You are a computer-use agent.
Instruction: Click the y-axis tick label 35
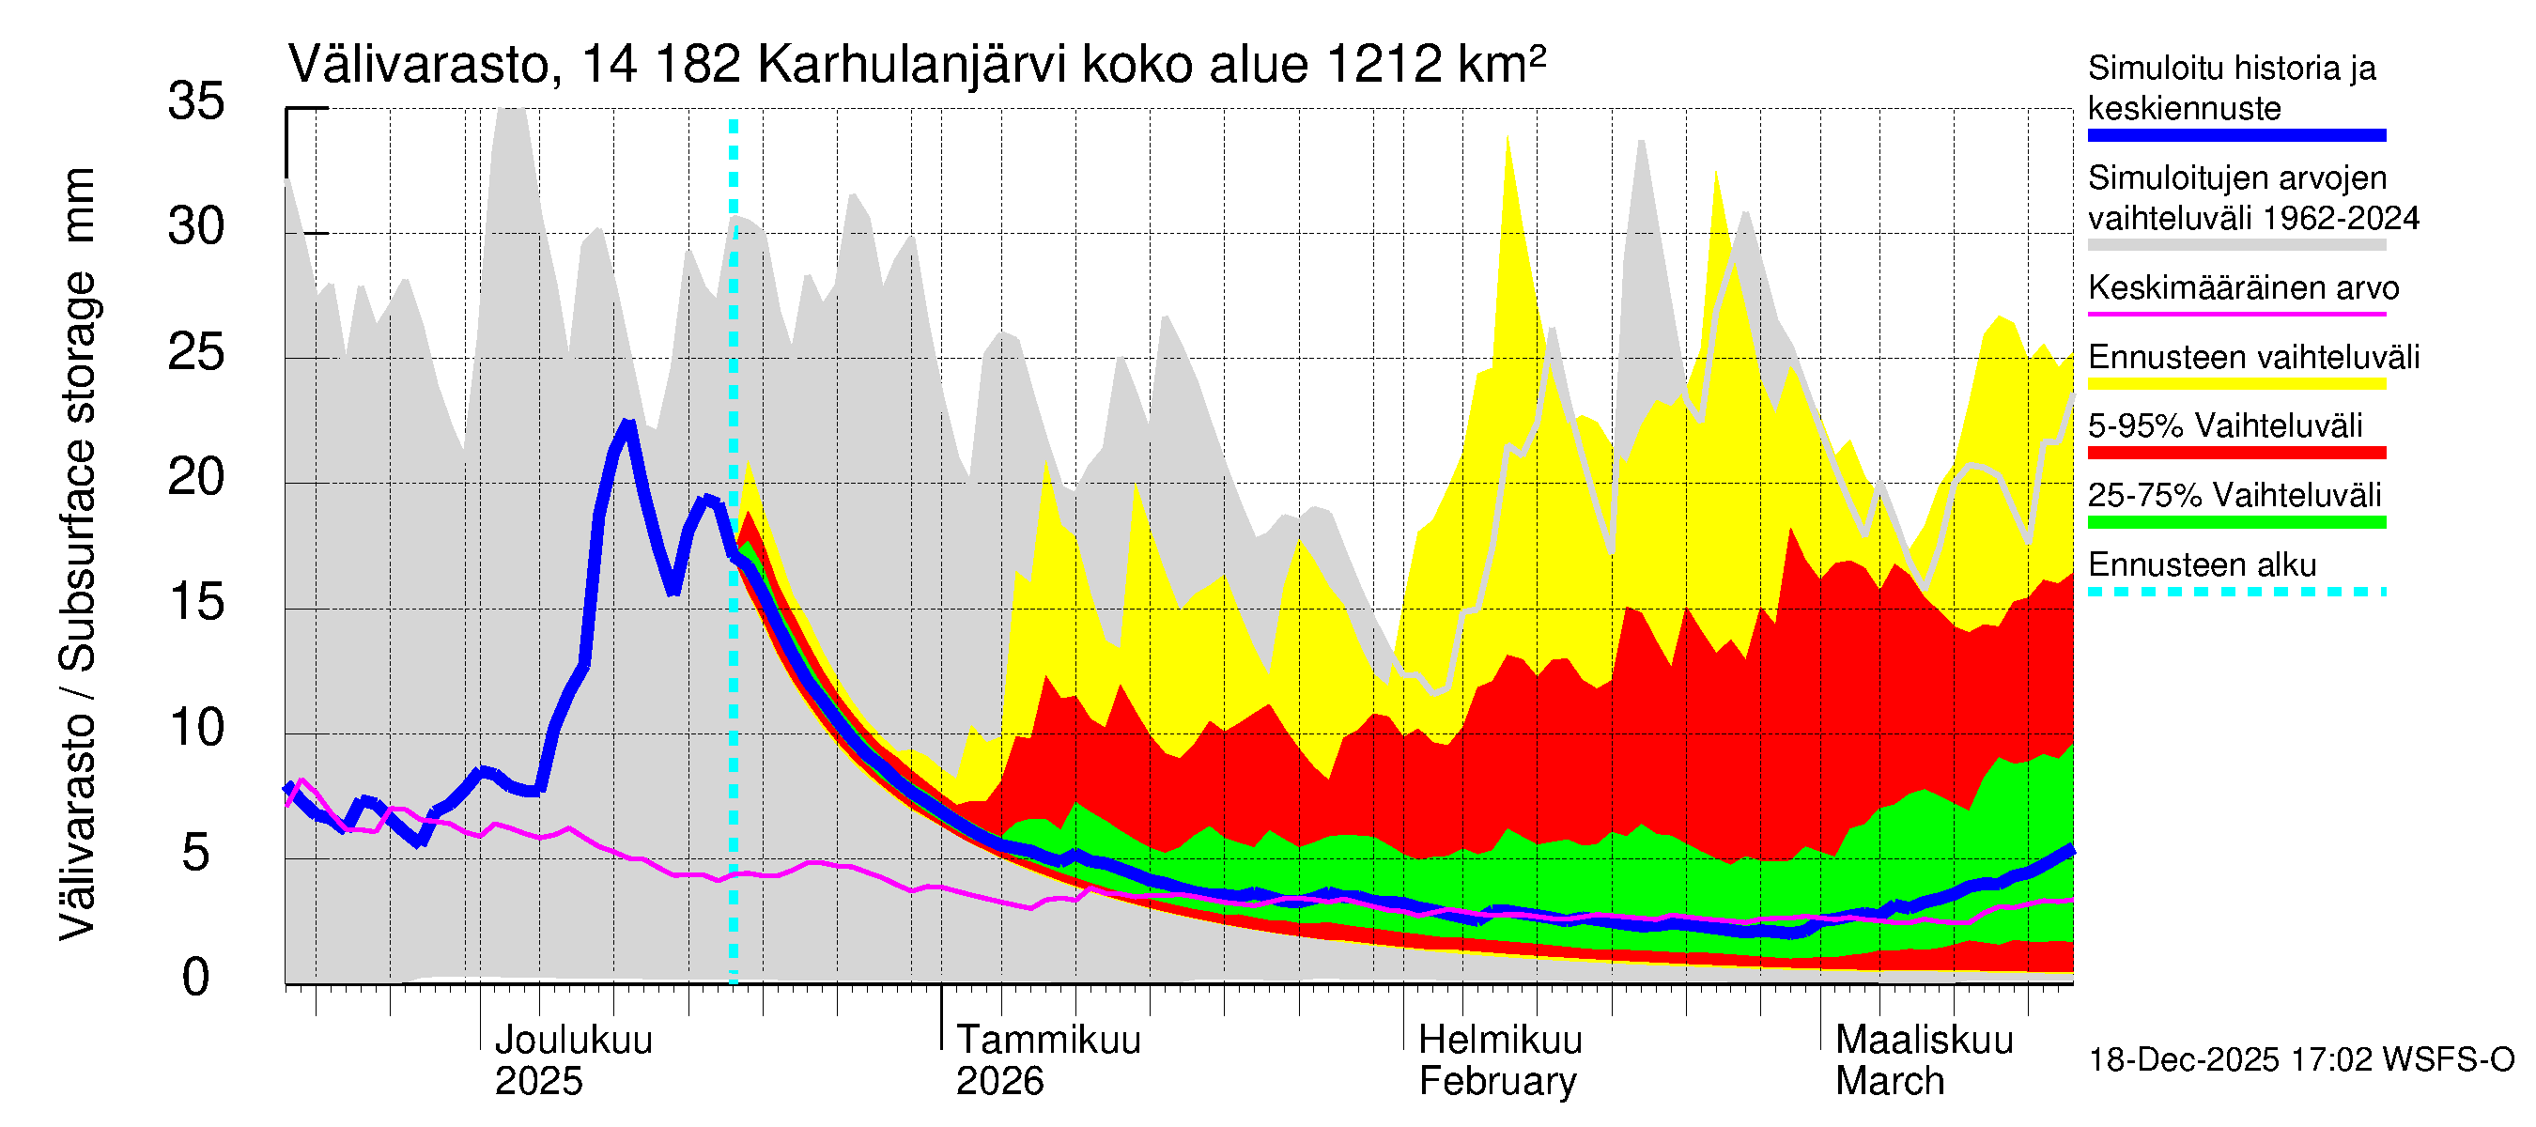[x=196, y=101]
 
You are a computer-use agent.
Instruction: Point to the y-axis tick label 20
[x=196, y=477]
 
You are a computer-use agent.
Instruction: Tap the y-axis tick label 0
[x=196, y=978]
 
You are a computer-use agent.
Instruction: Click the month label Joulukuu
[x=573, y=1040]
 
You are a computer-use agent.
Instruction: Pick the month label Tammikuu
[x=1047, y=1040]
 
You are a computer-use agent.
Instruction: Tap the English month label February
[x=1496, y=1082]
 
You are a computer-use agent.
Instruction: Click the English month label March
[x=1889, y=1082]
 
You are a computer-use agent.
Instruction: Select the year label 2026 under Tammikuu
[x=999, y=1082]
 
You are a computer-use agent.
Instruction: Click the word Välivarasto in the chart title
[x=417, y=65]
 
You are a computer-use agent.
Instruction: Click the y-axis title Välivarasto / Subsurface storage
[x=78, y=554]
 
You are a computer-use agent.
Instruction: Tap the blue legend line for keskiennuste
[x=2235, y=136]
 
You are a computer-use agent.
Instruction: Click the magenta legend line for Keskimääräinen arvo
[x=2235, y=314]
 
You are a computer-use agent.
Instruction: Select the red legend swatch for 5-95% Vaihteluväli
[x=2235, y=453]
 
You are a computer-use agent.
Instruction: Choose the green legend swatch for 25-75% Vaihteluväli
[x=2235, y=523]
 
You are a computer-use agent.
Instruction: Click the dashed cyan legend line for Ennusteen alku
[x=2235, y=592]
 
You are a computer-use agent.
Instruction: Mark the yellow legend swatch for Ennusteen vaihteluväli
[x=2235, y=384]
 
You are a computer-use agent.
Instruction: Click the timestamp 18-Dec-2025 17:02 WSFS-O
[x=2300, y=1060]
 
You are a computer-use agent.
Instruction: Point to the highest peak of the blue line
[x=628, y=425]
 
